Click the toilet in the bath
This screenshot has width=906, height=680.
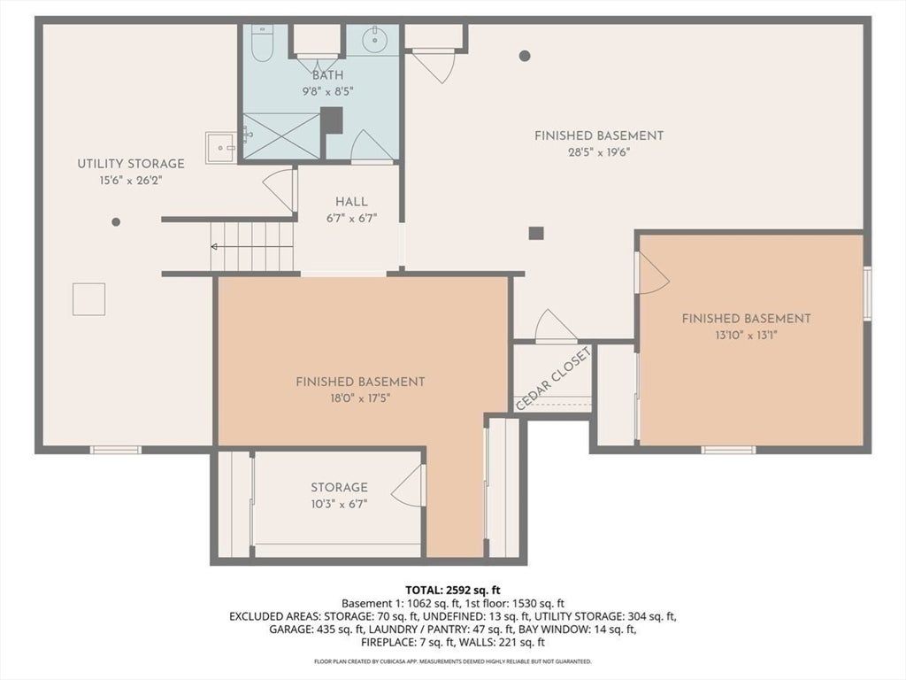(x=262, y=43)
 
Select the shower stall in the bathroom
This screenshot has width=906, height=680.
(x=280, y=135)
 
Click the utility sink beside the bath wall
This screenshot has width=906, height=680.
(x=221, y=148)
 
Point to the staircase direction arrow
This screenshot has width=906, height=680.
(x=252, y=247)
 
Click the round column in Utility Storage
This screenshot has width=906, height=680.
(x=116, y=222)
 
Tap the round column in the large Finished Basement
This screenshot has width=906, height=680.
(x=525, y=56)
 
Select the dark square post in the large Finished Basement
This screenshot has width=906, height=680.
(x=536, y=233)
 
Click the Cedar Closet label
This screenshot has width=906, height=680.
(x=553, y=379)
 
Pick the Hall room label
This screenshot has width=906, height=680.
(x=351, y=202)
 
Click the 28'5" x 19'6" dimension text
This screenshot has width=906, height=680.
(x=598, y=152)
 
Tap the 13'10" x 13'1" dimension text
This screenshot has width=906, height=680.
(x=746, y=335)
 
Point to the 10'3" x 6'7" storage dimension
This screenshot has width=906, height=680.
(x=339, y=504)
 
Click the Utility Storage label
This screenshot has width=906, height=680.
(x=131, y=164)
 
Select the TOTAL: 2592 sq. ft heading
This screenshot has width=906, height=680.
(x=453, y=591)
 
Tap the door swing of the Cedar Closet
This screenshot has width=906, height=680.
(x=556, y=326)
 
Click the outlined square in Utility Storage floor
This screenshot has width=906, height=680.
(x=89, y=299)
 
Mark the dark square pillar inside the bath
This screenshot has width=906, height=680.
(x=332, y=120)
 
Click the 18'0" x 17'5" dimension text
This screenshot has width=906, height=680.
(x=360, y=398)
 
